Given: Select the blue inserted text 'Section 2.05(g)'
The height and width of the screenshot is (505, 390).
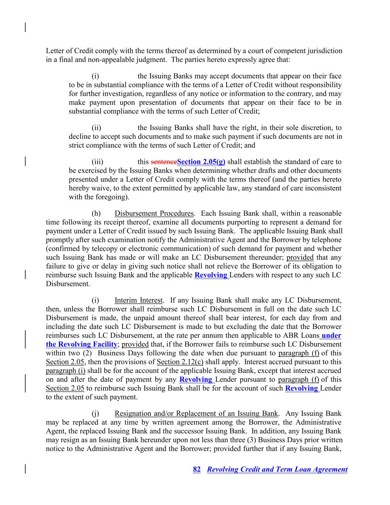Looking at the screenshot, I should (x=201, y=162).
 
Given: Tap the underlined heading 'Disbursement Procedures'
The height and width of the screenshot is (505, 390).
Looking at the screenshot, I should (x=154, y=213).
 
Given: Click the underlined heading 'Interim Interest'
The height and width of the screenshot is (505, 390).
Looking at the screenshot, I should (x=138, y=300).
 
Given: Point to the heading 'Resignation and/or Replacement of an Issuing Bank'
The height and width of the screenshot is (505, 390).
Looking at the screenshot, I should (x=196, y=414).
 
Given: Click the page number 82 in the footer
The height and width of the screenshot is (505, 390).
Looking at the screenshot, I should (x=197, y=469).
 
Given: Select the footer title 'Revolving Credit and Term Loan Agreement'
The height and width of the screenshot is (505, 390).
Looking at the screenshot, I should (x=277, y=469).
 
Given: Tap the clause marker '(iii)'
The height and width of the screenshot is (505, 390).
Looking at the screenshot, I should (x=98, y=162).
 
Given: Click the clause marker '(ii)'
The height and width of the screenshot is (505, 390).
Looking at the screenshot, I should (x=96, y=128).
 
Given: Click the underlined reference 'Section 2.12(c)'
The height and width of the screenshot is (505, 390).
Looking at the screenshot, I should (x=180, y=362).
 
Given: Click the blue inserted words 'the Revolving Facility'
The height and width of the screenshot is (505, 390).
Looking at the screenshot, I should (x=81, y=344).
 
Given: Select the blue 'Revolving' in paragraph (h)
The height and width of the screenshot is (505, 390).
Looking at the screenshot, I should (x=211, y=275).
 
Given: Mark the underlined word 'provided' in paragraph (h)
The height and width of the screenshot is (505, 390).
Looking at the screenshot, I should (x=300, y=257).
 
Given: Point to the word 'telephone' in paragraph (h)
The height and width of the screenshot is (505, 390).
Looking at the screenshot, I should (x=327, y=240).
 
